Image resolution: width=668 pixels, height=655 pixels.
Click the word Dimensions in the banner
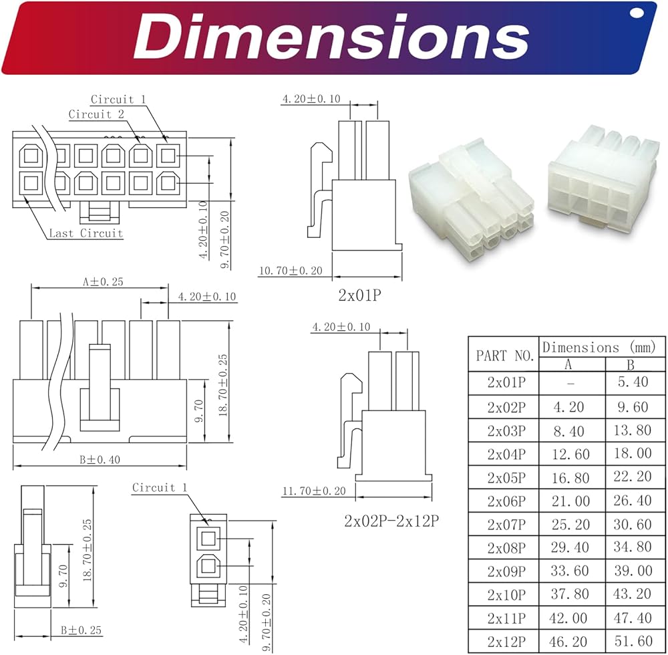331,37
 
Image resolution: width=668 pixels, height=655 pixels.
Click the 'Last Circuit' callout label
86,233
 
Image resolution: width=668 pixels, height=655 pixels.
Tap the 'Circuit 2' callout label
96,114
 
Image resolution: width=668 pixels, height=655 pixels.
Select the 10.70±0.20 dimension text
291,271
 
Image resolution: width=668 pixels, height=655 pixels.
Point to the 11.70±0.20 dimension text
314,491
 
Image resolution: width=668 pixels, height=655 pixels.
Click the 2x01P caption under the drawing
359,295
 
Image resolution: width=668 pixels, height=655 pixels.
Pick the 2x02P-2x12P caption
391,521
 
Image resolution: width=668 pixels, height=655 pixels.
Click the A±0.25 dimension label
103,281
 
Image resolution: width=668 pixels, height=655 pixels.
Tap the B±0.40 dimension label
100,459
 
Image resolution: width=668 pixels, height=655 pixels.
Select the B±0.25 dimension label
81,630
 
